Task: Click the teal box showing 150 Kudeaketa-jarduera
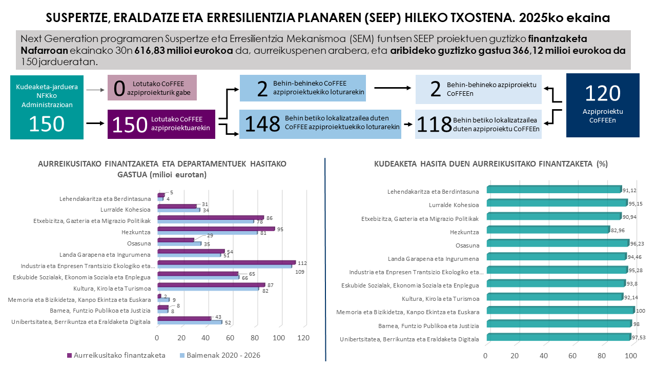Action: coord(47,107)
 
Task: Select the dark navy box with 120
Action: coord(603,105)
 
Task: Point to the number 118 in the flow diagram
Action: coord(434,124)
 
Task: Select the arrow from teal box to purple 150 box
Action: coord(94,124)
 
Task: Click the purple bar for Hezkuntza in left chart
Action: coord(216,229)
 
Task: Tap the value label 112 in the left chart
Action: coord(302,263)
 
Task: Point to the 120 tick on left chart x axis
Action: coord(303,338)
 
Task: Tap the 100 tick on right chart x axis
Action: coord(631,356)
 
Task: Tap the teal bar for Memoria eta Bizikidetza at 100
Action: coord(560,310)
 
